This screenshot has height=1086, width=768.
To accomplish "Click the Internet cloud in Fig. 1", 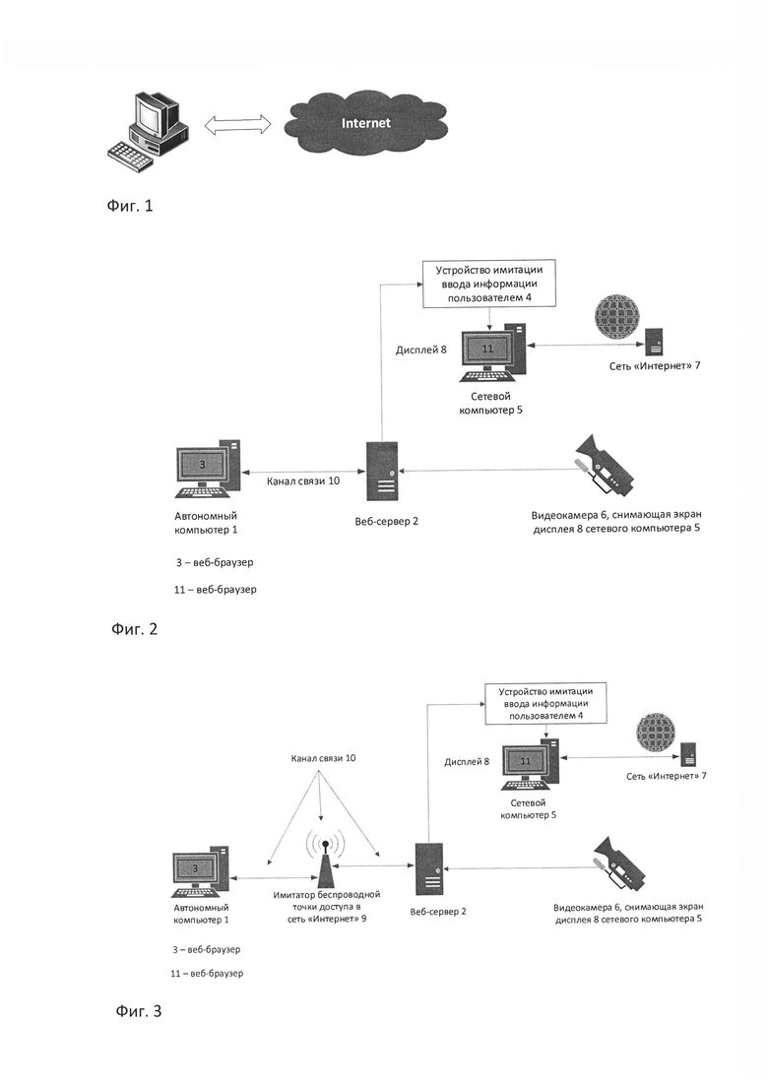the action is [x=365, y=123].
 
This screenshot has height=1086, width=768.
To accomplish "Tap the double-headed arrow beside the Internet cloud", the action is [x=237, y=125].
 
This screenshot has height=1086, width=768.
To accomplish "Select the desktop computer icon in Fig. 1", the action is [x=148, y=131].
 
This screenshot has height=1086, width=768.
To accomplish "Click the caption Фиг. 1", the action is [x=130, y=205].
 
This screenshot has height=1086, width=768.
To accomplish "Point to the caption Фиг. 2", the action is [x=134, y=628].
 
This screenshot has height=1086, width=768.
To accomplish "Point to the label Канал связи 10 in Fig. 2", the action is [x=303, y=480].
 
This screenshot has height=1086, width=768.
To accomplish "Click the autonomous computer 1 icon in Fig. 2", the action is [x=208, y=469].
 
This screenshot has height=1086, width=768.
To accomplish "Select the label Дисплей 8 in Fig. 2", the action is [x=421, y=350].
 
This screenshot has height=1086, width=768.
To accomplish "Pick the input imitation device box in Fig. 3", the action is [x=546, y=704].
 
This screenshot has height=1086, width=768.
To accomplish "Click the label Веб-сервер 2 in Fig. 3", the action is [x=438, y=912].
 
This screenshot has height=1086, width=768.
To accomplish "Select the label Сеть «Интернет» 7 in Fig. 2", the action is [x=655, y=365].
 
